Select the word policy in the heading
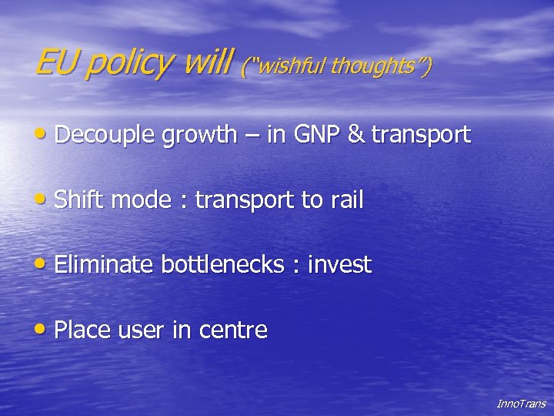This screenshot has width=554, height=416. (129, 64)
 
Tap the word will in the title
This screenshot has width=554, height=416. (207, 62)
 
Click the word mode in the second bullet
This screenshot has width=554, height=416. (144, 200)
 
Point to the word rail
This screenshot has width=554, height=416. (346, 200)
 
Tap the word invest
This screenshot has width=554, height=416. (339, 265)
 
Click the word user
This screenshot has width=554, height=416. (140, 331)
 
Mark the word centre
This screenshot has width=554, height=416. (233, 331)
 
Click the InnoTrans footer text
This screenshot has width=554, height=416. (521, 404)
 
